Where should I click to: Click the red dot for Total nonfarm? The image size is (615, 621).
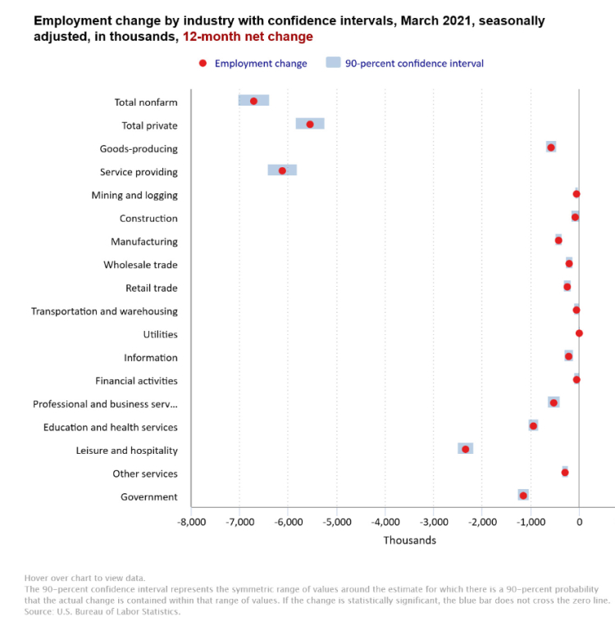pos(253,101)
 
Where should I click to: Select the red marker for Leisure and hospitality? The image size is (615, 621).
pos(466,449)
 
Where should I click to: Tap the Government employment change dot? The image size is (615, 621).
pos(523,496)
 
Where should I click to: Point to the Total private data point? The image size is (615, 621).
pos(310,125)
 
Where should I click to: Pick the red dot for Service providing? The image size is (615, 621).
pos(282,170)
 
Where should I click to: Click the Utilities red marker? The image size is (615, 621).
pos(579,333)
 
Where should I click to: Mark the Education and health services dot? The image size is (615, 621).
pos(533,426)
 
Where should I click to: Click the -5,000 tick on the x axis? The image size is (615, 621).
pos(337,522)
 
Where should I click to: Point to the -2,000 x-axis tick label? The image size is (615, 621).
pos(482,522)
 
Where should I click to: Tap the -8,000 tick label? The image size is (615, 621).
pos(192,522)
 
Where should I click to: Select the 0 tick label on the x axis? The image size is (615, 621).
pos(579,522)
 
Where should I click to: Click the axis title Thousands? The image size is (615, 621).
pos(410,540)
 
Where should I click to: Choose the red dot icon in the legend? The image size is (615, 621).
pos(203,63)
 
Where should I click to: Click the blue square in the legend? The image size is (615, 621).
pos(333,62)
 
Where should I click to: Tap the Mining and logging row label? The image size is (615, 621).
pos(134,195)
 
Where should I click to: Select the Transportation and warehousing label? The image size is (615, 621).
pos(104,311)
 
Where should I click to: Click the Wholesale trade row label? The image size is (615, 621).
pos(140,265)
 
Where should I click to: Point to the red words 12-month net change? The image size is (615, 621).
pos(248,36)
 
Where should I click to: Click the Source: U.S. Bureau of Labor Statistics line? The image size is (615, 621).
pos(102,611)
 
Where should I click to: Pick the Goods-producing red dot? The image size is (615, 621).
pos(551,147)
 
